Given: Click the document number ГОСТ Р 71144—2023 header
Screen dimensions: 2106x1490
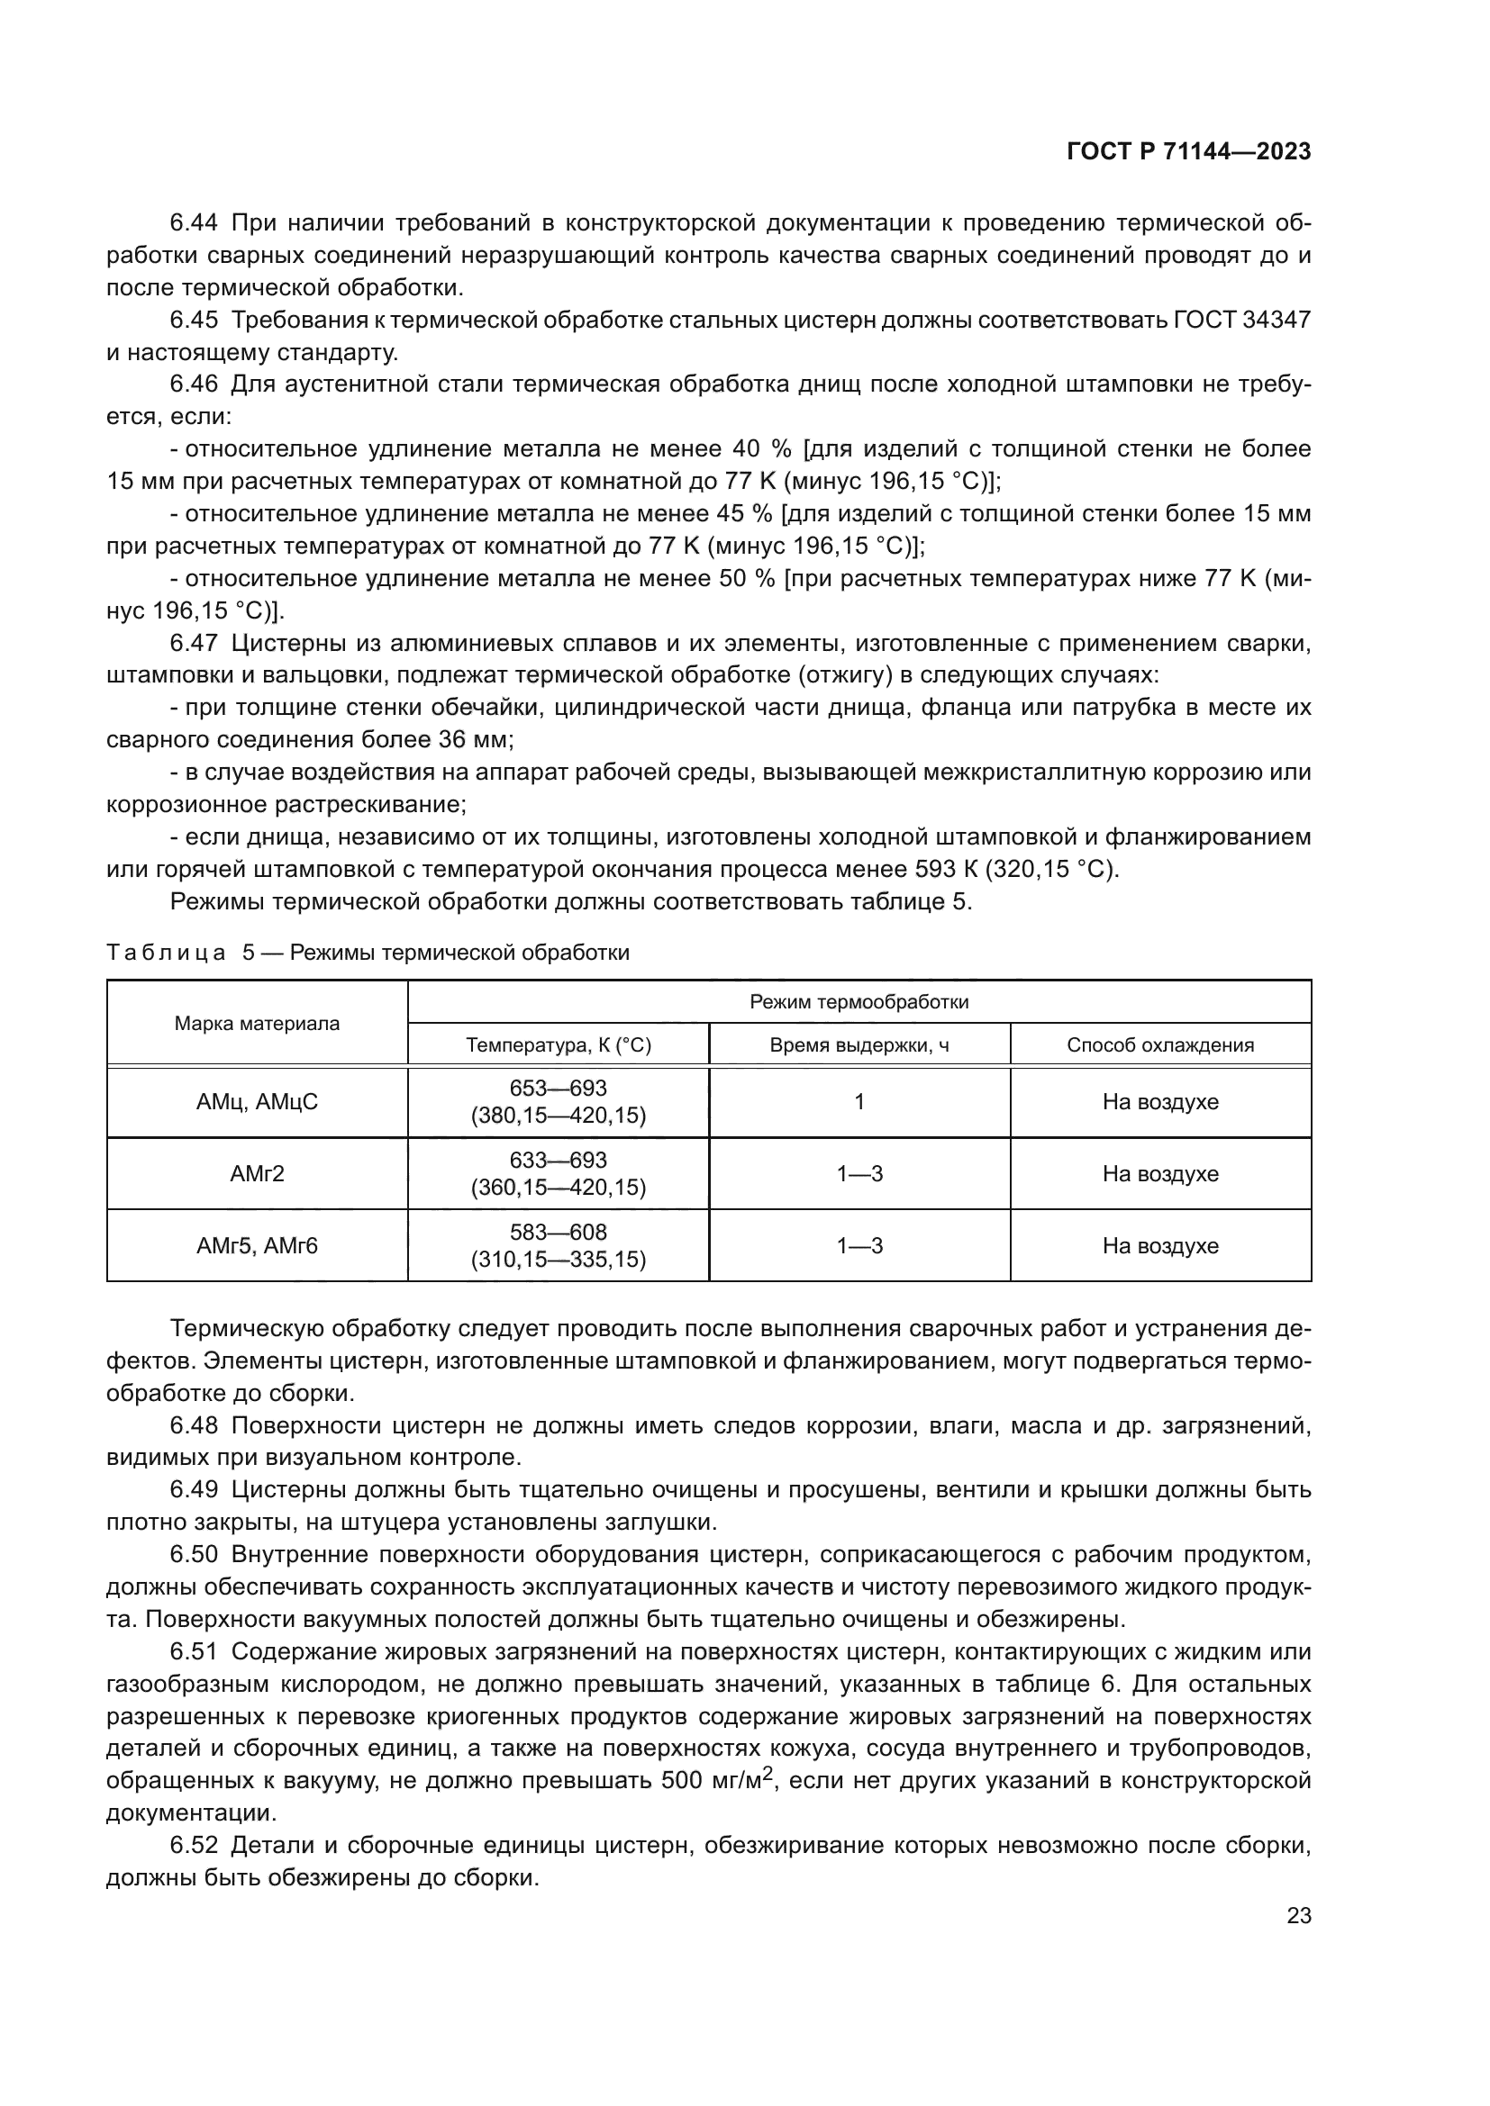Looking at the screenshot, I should click(x=1188, y=152).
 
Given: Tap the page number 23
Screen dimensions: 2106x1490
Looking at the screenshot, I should click(x=1298, y=1916).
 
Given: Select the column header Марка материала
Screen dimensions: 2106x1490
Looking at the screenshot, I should click(x=257, y=1024).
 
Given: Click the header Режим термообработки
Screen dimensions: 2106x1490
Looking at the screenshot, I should click(x=859, y=1001).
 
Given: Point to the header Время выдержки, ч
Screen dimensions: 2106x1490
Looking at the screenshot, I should click(x=859, y=1044).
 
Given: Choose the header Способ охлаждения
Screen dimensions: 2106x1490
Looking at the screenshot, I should click(x=1159, y=1044).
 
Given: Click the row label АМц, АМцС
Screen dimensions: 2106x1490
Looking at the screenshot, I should click(x=257, y=1101).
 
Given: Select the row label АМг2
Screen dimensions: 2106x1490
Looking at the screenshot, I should click(x=257, y=1173).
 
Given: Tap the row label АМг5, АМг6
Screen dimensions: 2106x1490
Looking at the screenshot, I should click(x=257, y=1245).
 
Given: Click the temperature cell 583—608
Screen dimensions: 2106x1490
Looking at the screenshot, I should click(x=558, y=1232).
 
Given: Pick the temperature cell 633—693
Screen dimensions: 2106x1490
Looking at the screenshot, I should click(x=558, y=1161).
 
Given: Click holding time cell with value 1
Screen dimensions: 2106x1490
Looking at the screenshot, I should click(x=859, y=1101).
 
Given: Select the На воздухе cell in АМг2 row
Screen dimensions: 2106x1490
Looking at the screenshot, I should click(x=1159, y=1174).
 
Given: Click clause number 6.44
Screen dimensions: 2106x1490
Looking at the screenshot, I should click(x=194, y=223).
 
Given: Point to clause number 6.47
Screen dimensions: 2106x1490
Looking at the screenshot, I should click(x=194, y=643).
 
